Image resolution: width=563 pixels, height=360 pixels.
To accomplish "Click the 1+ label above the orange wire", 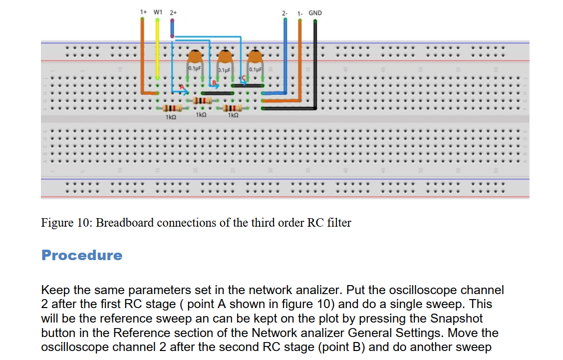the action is (143, 12).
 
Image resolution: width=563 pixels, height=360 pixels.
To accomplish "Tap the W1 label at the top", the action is (158, 12).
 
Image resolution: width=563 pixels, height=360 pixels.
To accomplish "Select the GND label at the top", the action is (315, 13).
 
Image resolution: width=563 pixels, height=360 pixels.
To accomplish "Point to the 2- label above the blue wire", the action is (284, 13).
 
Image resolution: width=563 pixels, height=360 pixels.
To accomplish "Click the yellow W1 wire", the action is (157, 49).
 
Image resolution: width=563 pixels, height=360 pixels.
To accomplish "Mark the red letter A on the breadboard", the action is (182, 87).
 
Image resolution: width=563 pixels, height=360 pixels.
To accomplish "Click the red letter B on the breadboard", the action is (214, 83).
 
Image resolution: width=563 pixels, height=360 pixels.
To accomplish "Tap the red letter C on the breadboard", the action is (244, 78).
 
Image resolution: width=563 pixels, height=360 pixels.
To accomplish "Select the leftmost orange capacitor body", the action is (195, 57).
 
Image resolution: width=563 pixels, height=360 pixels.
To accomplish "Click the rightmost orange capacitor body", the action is (255, 57).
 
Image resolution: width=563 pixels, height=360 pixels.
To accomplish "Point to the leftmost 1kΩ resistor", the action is (172, 108).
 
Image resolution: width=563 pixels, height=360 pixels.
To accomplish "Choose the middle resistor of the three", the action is (202, 100).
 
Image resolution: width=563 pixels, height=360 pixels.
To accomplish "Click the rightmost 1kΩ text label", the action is (233, 115).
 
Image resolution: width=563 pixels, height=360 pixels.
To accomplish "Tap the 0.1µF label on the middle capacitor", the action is (225, 70).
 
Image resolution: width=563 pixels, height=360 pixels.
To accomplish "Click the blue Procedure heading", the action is (82, 255).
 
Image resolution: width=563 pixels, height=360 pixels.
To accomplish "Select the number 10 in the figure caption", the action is (83, 223).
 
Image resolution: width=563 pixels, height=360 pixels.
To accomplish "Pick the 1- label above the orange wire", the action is (300, 13).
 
